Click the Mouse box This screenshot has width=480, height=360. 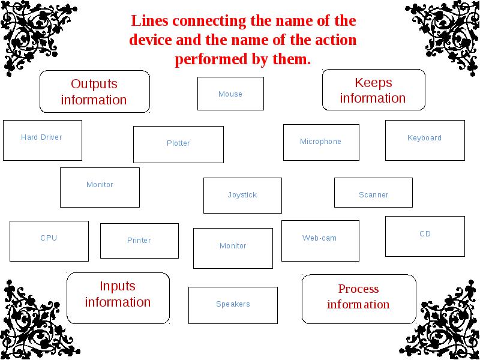coord(230,94)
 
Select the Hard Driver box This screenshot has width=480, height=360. coord(42,140)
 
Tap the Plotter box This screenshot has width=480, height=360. coord(178,144)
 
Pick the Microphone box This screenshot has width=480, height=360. coord(321,142)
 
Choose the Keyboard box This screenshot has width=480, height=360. coord(424,140)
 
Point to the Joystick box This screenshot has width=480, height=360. coord(242,195)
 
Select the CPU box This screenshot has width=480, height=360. coord(49,241)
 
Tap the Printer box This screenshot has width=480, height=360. coord(139,241)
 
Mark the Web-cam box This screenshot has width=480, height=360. coord(320,241)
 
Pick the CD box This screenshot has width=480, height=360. coord(425,236)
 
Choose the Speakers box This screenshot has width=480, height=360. coord(233,305)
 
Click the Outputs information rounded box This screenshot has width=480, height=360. coord(94,92)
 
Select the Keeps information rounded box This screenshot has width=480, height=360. coord(373,90)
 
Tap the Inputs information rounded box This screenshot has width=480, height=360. coord(118,294)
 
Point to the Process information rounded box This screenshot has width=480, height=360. coord(358,296)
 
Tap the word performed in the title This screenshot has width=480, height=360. coord(204,59)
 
